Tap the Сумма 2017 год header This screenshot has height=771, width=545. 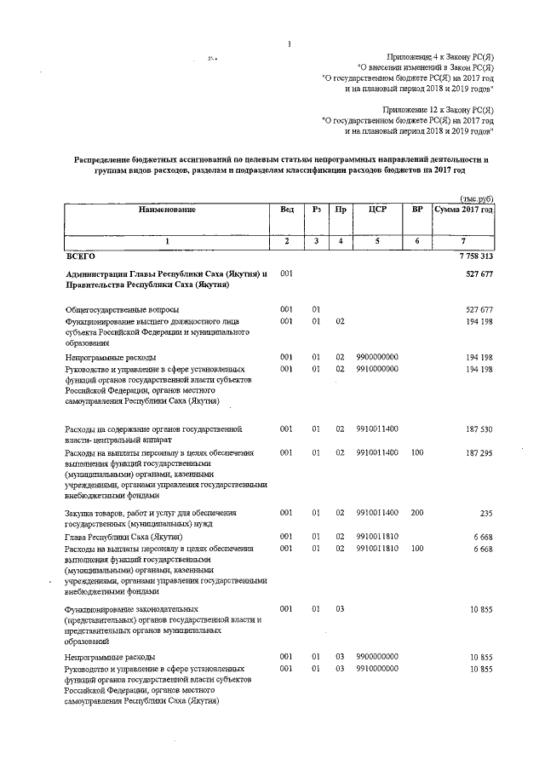click(463, 210)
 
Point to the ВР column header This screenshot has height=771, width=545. click(417, 210)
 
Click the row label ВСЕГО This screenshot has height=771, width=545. click(80, 256)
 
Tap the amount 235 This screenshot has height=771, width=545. click(487, 514)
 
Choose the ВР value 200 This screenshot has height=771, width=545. click(417, 514)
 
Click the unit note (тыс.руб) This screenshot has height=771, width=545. click(477, 197)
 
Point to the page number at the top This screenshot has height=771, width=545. click(290, 44)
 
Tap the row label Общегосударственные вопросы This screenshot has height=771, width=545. click(123, 309)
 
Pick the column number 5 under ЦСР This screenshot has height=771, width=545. click(377, 241)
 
